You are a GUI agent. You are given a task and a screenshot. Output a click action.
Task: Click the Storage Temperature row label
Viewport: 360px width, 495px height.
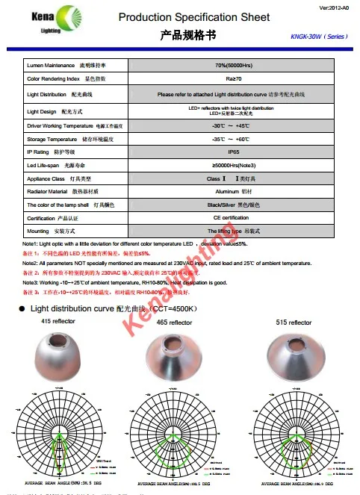coord(67,139)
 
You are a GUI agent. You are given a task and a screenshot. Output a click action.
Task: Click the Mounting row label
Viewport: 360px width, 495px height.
coord(49,231)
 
